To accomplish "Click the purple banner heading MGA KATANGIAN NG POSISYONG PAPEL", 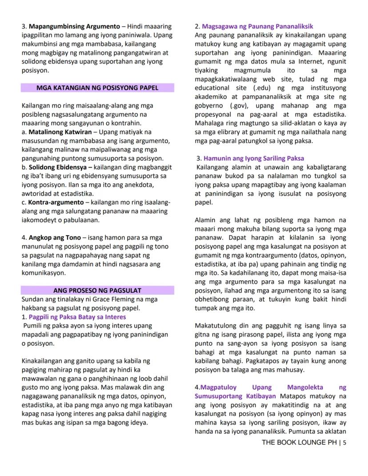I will pos(97,88).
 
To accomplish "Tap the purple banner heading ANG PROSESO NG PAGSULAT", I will pos(97,291).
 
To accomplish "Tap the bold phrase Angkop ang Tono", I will pos(54,238).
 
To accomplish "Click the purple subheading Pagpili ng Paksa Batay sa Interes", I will pos(77,317).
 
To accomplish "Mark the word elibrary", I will pos(228,132).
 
